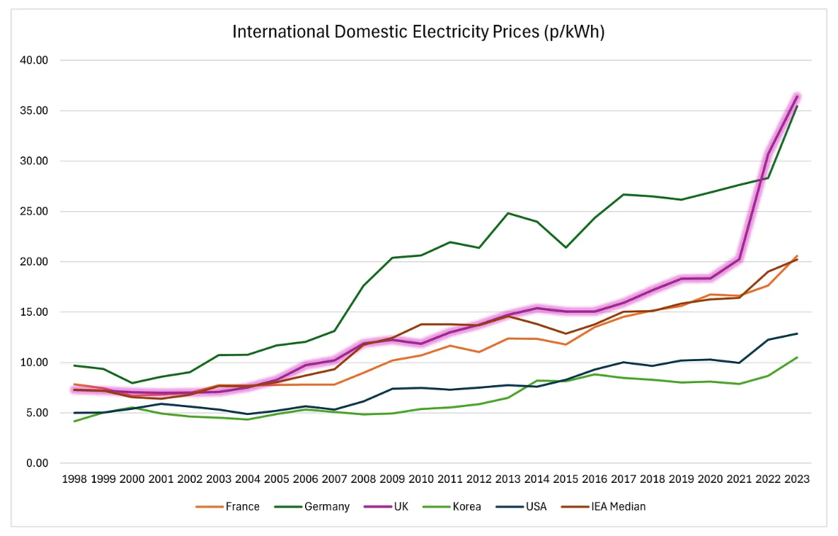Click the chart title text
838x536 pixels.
click(x=418, y=32)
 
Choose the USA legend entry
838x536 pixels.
click(x=536, y=507)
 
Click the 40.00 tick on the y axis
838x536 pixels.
click(x=34, y=60)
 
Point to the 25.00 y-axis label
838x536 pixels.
click(x=34, y=212)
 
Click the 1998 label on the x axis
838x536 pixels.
click(x=74, y=479)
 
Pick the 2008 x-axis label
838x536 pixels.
click(x=363, y=479)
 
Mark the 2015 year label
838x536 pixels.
click(x=566, y=479)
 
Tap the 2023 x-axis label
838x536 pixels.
click(x=797, y=479)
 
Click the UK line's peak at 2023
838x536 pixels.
click(x=797, y=96)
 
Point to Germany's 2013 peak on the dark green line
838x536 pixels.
click(x=508, y=213)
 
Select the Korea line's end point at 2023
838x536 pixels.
click(x=797, y=358)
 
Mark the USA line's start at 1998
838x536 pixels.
click(x=74, y=413)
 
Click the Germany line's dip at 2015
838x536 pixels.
click(x=566, y=247)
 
